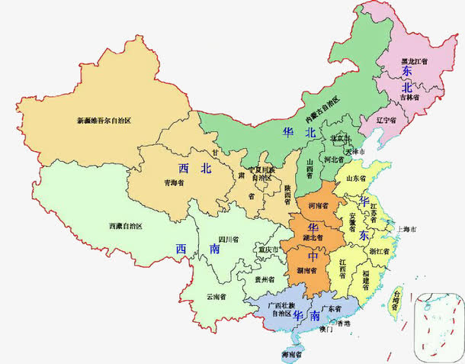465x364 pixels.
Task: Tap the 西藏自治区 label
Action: point(125,226)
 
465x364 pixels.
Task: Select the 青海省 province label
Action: point(175,182)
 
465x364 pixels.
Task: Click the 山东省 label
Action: point(357,178)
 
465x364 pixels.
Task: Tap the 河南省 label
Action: point(317,206)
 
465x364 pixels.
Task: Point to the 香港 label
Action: point(344,324)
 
